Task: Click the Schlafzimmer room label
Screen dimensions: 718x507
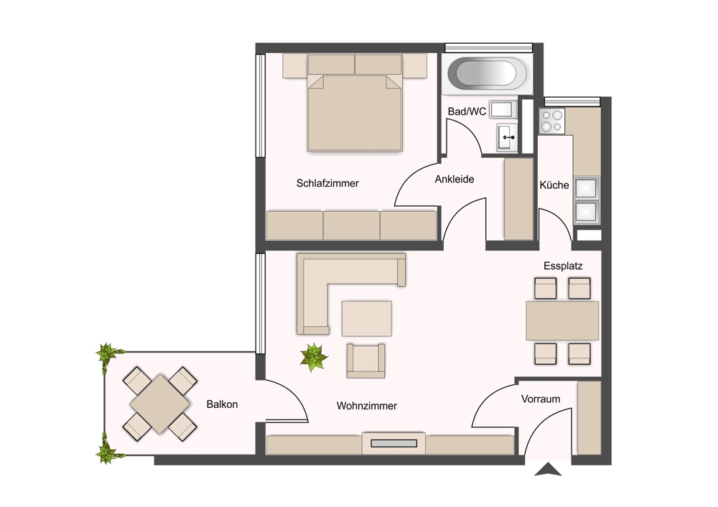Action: (327, 183)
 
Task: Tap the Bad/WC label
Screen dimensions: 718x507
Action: (467, 111)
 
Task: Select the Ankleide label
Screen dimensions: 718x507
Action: (454, 179)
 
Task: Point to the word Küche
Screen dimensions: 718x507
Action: (554, 185)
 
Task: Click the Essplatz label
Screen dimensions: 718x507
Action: (563, 266)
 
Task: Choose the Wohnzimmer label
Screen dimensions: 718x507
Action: (366, 406)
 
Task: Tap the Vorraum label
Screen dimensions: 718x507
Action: (541, 399)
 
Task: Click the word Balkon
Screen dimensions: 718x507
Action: (222, 404)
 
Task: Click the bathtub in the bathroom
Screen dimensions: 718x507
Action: (487, 73)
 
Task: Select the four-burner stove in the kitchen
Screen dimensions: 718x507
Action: (551, 121)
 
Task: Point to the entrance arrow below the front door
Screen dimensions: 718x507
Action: (548, 470)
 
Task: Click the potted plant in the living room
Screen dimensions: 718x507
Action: (314, 357)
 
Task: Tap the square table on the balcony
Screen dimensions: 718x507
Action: (160, 404)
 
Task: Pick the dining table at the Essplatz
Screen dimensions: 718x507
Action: (562, 320)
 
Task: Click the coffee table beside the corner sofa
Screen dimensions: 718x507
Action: (367, 318)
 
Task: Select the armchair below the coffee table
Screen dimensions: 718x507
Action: (366, 361)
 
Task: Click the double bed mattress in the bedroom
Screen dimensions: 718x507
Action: (355, 113)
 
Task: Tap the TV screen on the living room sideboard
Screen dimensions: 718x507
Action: (393, 443)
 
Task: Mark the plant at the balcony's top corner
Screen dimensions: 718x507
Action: (108, 353)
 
